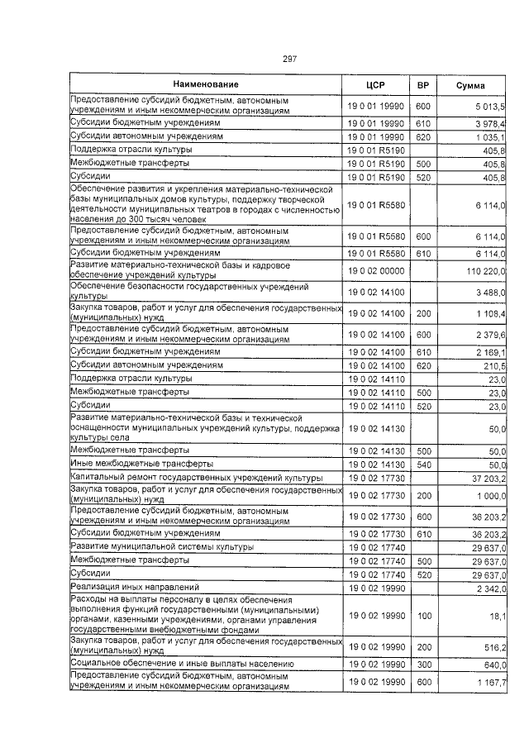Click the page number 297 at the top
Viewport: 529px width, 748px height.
[x=289, y=59]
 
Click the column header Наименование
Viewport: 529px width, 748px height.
[x=206, y=84]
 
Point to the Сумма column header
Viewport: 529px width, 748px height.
[x=471, y=85]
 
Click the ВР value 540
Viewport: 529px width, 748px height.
[x=423, y=465]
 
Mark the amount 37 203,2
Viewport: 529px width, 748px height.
[x=488, y=479]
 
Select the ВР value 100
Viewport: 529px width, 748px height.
[x=423, y=616]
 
